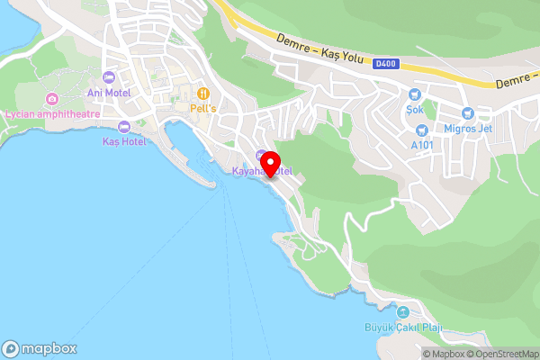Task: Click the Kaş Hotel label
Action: click(x=123, y=141)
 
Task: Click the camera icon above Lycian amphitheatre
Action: click(x=52, y=99)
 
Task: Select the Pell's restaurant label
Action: click(x=204, y=107)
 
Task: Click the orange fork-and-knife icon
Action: click(x=204, y=92)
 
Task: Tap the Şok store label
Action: click(x=414, y=110)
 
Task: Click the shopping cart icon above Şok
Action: click(x=414, y=94)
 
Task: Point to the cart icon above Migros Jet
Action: click(x=467, y=113)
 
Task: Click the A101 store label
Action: click(x=422, y=145)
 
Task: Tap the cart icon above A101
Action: click(x=421, y=130)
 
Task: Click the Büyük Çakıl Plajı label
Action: click(x=392, y=327)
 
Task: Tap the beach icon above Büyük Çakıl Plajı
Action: click(x=391, y=311)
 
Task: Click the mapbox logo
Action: click(x=40, y=348)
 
